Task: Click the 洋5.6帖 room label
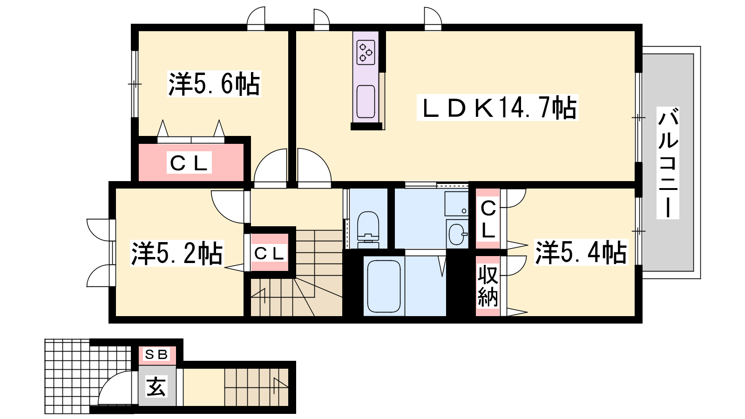tap(214, 84)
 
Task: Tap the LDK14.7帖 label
tap(497, 108)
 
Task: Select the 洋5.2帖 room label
tap(177, 253)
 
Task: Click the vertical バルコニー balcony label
tap(668, 163)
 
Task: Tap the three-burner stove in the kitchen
tap(366, 52)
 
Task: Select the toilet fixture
tap(368, 226)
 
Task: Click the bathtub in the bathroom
tap(384, 286)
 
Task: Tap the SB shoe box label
tap(156, 355)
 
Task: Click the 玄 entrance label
tap(156, 386)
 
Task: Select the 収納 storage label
tap(488, 286)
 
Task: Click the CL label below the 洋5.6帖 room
tap(189, 163)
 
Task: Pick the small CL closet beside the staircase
tap(269, 254)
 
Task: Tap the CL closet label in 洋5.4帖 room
tap(488, 219)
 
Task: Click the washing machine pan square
tap(456, 203)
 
